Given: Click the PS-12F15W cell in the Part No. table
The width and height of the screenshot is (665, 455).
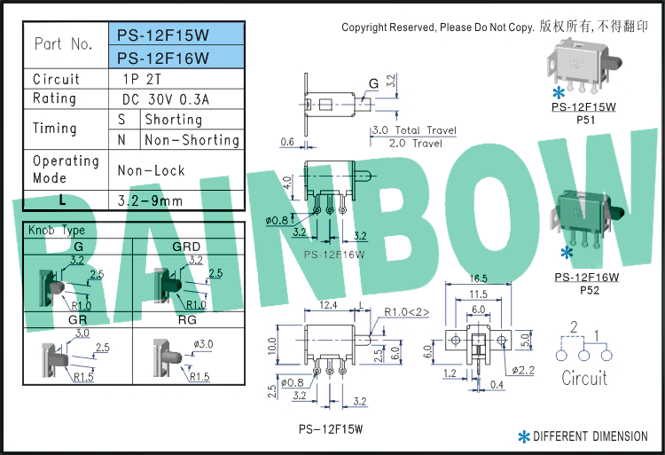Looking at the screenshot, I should (x=176, y=35).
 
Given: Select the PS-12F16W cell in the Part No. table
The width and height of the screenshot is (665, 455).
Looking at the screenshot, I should (x=176, y=59).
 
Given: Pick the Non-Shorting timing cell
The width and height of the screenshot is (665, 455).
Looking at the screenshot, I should (x=192, y=139).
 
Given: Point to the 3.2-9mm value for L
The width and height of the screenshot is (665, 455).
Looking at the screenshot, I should (x=150, y=200).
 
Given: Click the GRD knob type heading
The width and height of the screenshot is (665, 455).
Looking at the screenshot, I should (x=186, y=247).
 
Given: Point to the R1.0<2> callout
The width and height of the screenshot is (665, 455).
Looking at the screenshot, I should (x=407, y=311).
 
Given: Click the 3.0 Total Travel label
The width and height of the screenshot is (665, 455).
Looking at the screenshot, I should (x=413, y=130).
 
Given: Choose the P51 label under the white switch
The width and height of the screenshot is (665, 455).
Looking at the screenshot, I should (x=585, y=118).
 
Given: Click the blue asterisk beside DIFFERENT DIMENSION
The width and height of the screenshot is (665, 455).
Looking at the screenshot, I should (x=524, y=436).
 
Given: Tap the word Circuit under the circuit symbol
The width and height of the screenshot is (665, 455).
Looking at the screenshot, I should (x=584, y=379).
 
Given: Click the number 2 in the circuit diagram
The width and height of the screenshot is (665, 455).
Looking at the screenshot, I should (x=574, y=327).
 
